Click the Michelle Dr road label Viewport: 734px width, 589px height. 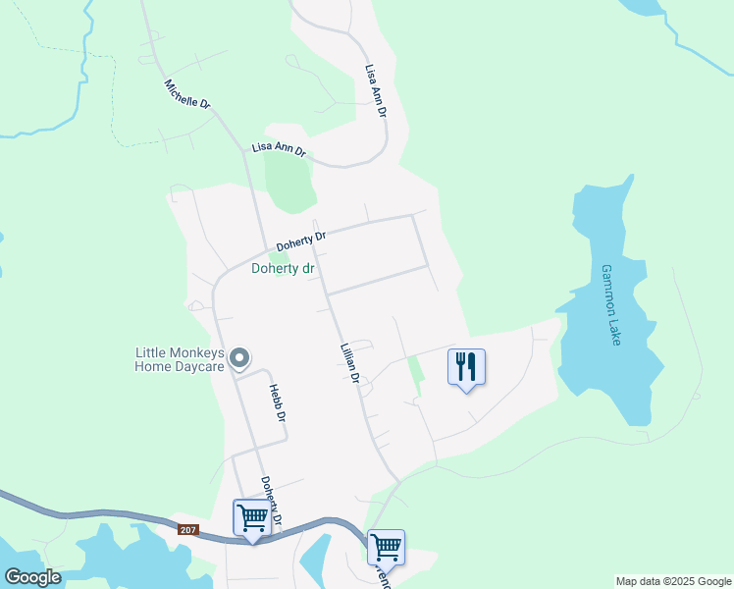pos(187,94)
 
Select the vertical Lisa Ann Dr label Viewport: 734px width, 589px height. pos(375,92)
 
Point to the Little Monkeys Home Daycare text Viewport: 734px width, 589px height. pos(181,360)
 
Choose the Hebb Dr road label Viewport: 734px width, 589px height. pos(278,402)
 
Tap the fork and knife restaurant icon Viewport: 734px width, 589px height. pos(466,367)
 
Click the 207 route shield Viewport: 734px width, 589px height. pos(188,530)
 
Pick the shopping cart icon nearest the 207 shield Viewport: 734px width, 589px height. pos(251,517)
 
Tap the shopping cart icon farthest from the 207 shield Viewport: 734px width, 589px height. pos(386,547)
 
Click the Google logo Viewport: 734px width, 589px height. pos(31,577)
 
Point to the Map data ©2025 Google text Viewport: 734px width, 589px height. pos(672,581)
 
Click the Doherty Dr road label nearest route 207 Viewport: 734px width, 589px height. pos(272,500)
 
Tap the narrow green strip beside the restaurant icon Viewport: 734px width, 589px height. pos(414,375)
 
